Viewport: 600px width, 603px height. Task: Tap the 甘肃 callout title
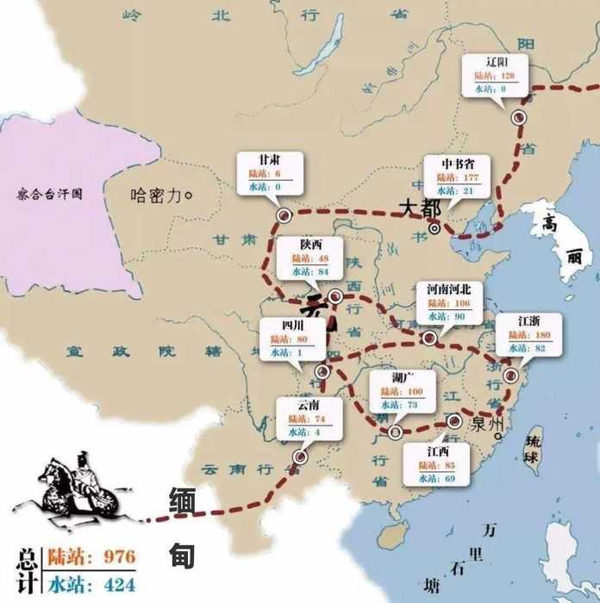point(269,161)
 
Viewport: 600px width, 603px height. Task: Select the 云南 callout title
point(309,405)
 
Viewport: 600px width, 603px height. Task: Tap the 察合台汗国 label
point(49,195)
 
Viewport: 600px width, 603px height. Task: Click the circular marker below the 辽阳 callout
point(518,117)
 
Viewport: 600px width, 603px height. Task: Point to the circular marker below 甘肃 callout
point(282,214)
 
